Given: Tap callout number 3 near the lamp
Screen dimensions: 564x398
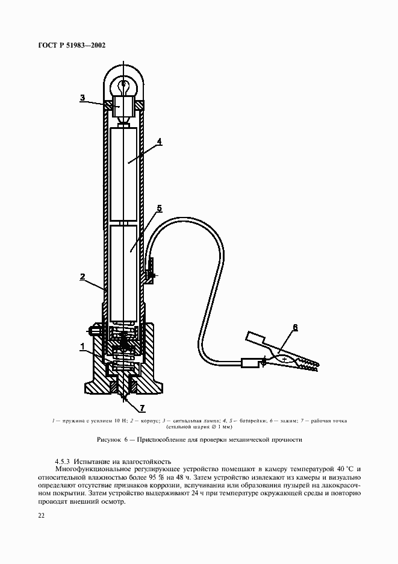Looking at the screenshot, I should click(82, 97).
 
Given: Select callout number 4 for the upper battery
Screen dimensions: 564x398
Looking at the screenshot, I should click(160, 142).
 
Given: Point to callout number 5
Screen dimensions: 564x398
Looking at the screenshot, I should click(159, 208).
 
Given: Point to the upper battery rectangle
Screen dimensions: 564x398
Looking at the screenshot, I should click(125, 175).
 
